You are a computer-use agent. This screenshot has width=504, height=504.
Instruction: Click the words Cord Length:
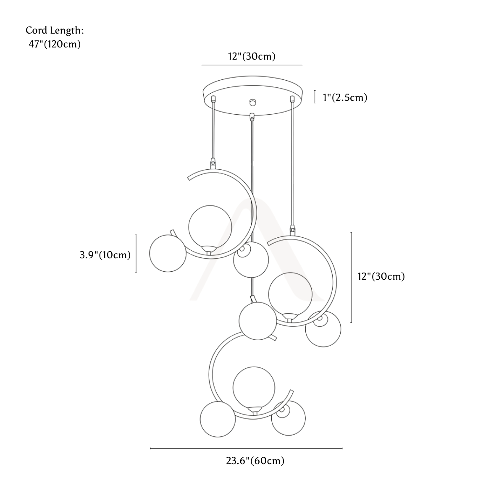pyautogui.click(x=55, y=31)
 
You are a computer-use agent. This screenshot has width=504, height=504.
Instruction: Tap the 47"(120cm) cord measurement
pyautogui.click(x=55, y=45)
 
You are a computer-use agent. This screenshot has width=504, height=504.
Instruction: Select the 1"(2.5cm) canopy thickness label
pyautogui.click(x=345, y=97)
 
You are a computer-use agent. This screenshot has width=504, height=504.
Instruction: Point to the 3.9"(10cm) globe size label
pyautogui.click(x=105, y=255)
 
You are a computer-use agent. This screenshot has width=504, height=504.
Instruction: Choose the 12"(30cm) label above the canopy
pyautogui.click(x=252, y=56)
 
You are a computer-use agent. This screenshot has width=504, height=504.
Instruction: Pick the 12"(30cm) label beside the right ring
pyautogui.click(x=381, y=276)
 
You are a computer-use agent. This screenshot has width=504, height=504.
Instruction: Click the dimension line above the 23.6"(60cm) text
pyautogui.click(x=247, y=448)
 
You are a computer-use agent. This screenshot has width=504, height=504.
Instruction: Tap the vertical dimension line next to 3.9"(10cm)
pyautogui.click(x=136, y=253)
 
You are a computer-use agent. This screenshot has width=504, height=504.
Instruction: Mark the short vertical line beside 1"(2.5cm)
pyautogui.click(x=315, y=97)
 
